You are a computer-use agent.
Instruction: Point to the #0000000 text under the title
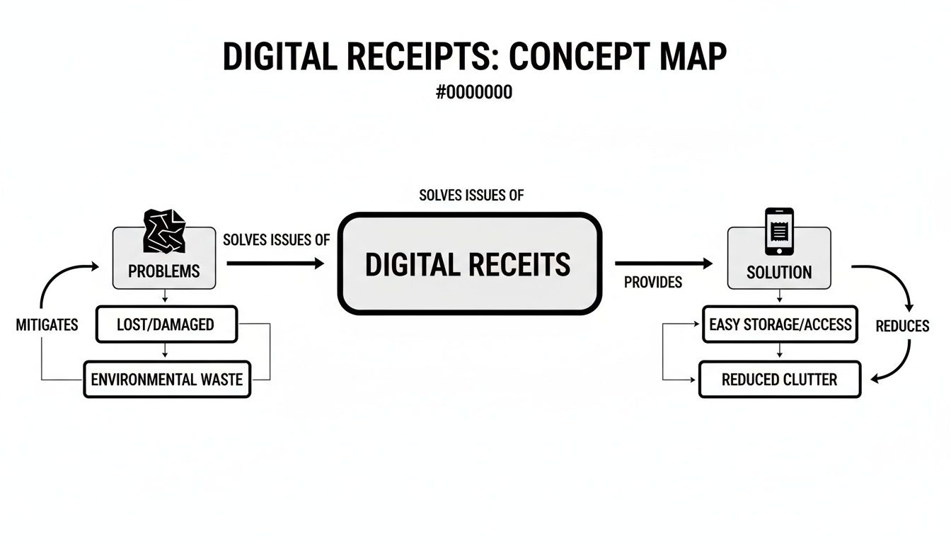click(x=475, y=93)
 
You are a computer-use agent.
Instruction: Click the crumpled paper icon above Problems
click(x=164, y=231)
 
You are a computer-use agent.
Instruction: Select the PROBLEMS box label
click(x=164, y=271)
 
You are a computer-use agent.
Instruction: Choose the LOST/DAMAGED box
click(x=166, y=324)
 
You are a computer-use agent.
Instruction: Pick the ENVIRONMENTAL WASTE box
click(x=167, y=380)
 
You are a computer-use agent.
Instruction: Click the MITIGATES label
click(x=47, y=325)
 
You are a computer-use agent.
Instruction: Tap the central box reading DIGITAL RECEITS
click(x=469, y=264)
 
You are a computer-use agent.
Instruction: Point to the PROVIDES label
click(x=653, y=282)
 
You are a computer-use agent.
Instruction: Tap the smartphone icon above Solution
click(x=779, y=231)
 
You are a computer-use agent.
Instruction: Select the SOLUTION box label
click(x=779, y=272)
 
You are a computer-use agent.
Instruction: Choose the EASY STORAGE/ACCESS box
click(x=780, y=324)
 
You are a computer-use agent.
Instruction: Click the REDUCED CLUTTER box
click(x=779, y=380)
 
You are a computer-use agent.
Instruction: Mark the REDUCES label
click(x=902, y=326)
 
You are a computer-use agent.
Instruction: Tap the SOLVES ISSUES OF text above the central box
click(x=471, y=195)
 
